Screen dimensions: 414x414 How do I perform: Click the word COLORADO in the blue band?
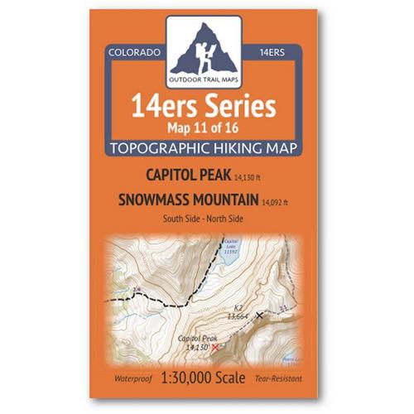[x=133, y=52]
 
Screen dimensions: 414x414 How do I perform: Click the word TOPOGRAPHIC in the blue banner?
[x=173, y=147]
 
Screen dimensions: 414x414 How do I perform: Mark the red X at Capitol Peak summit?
[x=217, y=349]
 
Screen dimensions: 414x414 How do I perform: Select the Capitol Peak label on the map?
[x=197, y=339]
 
